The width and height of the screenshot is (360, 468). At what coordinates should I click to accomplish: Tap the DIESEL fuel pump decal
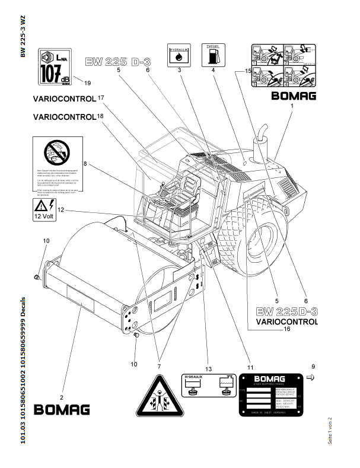pos(213,54)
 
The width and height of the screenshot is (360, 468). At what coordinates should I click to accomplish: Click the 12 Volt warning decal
pos(44,209)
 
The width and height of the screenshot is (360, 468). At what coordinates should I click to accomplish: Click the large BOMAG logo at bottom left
pos(62,410)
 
